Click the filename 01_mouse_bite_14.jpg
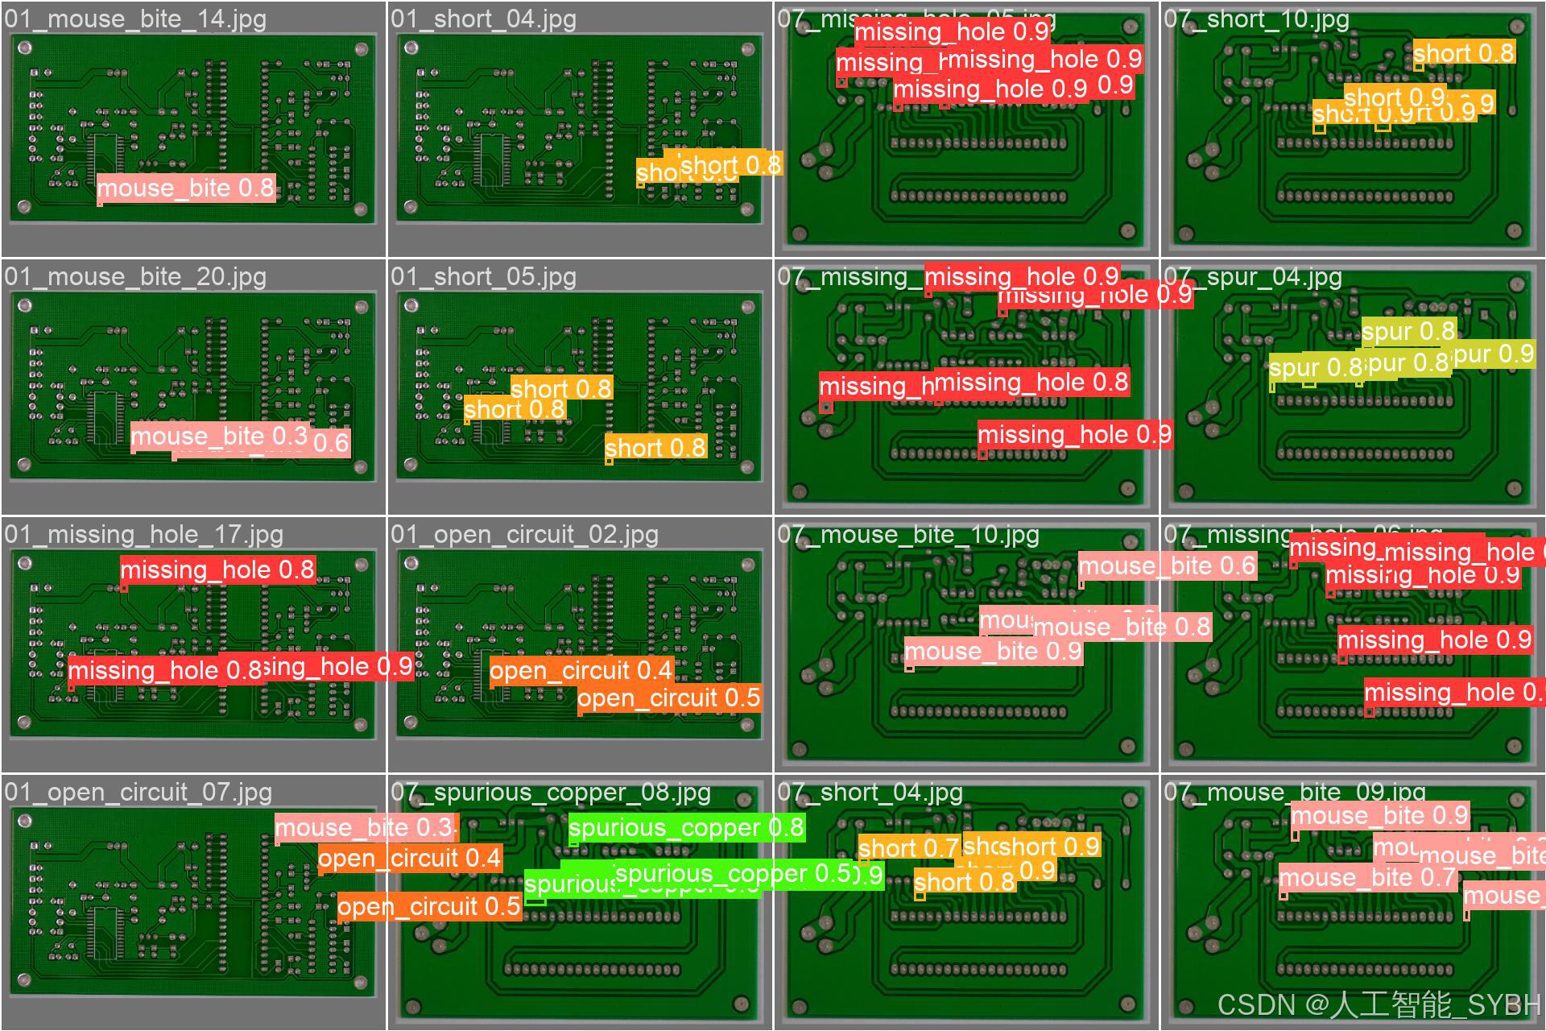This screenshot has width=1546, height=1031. (135, 19)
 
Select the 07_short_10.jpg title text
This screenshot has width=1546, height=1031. (1256, 19)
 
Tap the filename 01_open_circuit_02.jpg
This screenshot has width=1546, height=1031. (524, 535)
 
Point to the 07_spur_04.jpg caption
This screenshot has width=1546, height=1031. (1253, 277)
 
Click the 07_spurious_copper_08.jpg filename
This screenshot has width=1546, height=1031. (551, 793)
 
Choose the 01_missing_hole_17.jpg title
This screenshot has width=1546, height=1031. (143, 535)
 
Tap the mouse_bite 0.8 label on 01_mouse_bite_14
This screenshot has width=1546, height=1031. (186, 188)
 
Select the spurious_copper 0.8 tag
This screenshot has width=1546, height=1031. (686, 828)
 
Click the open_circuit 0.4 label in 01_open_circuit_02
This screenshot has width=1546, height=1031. (581, 671)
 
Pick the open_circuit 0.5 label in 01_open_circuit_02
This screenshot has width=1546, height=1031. (669, 698)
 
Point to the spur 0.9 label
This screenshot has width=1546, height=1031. (1494, 354)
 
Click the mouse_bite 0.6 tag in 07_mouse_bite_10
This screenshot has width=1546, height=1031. (1167, 566)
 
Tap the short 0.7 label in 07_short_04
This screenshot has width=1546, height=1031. (908, 848)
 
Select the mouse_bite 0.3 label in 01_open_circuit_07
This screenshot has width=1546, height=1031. (365, 828)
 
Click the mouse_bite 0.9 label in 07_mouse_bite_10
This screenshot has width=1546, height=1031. (993, 652)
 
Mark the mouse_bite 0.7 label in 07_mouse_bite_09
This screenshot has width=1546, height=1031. (1367, 878)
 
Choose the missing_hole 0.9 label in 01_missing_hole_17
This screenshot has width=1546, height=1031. (338, 667)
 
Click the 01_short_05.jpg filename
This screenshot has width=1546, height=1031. (483, 277)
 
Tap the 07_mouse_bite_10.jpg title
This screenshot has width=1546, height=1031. (908, 535)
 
